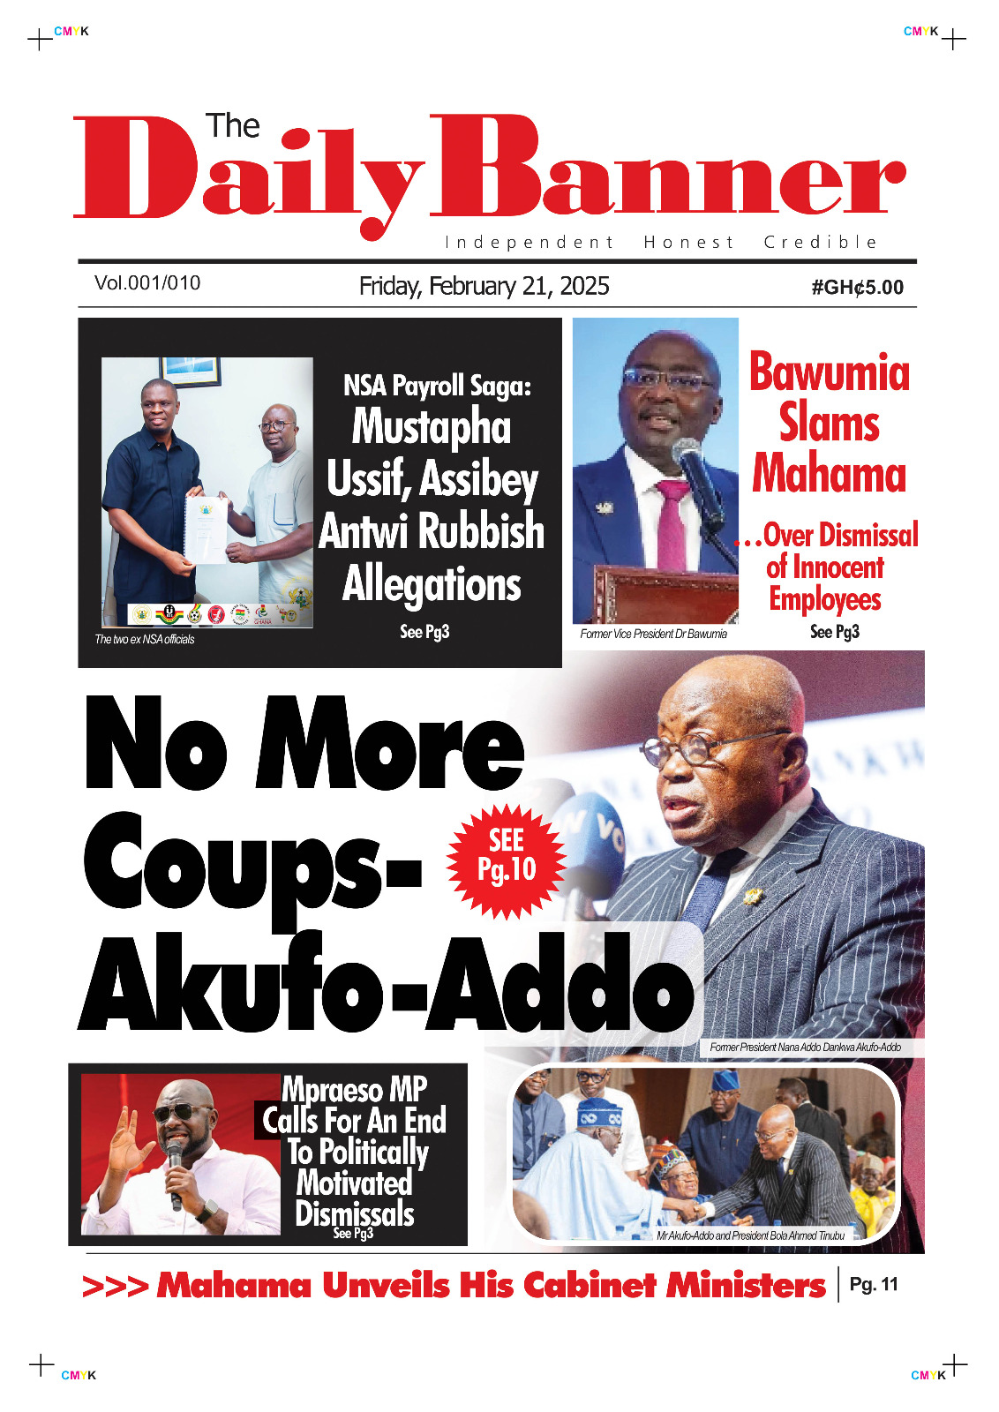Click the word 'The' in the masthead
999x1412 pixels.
click(232, 126)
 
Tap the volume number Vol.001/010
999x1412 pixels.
click(147, 283)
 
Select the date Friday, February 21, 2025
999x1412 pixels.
click(484, 286)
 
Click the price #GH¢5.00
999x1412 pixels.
click(857, 288)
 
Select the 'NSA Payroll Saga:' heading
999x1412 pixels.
click(437, 386)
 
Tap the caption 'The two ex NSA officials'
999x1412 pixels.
click(145, 639)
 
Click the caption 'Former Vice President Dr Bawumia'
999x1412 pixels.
click(653, 634)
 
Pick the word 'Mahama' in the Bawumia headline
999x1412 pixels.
click(829, 473)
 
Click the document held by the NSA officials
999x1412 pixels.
click(206, 528)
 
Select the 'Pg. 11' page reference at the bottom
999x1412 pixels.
click(873, 1285)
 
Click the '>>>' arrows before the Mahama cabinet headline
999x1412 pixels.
click(115, 1286)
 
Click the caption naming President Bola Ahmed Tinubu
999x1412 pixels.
click(750, 1235)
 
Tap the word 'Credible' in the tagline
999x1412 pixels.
click(820, 243)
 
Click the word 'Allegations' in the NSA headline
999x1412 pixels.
click(432, 584)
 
